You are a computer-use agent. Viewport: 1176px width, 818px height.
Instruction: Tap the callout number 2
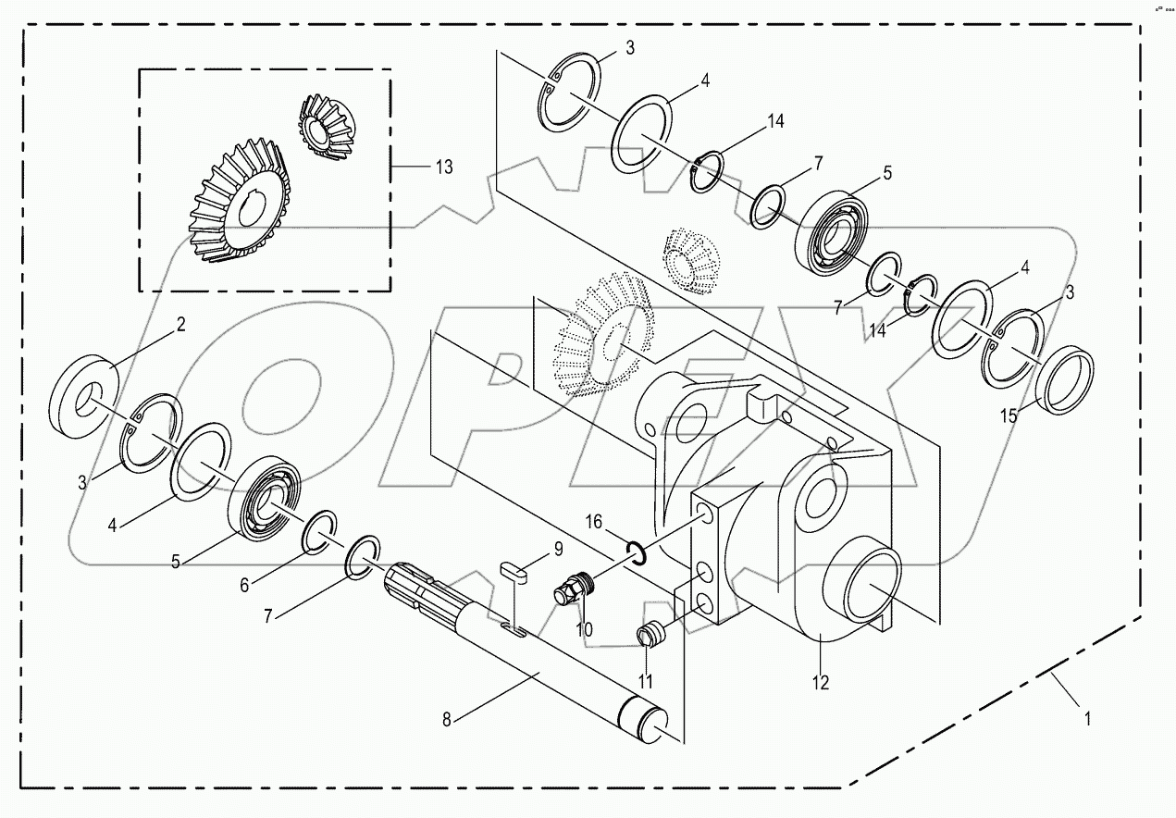pyautogui.click(x=181, y=324)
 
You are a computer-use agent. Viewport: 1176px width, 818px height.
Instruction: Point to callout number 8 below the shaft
pyautogui.click(x=447, y=718)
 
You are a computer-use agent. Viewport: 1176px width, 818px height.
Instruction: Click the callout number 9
pyautogui.click(x=558, y=550)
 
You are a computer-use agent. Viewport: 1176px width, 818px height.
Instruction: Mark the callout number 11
pyautogui.click(x=645, y=681)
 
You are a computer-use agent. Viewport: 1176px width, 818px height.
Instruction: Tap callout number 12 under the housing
pyautogui.click(x=820, y=683)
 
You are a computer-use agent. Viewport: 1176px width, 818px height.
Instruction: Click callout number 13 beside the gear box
pyautogui.click(x=444, y=167)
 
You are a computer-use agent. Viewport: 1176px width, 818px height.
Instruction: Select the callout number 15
pyautogui.click(x=1009, y=416)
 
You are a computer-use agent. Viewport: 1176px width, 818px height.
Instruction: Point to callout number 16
pyautogui.click(x=594, y=523)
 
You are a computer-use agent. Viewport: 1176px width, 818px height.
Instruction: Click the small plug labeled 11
pyautogui.click(x=653, y=636)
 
